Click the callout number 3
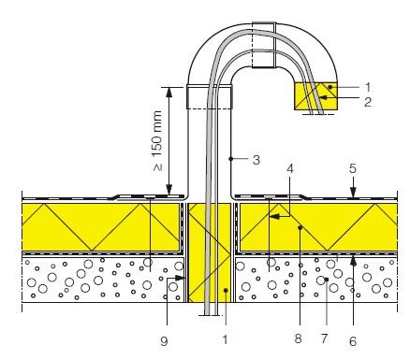click(x=256, y=160)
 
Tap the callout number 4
click(x=290, y=168)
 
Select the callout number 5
click(x=353, y=168)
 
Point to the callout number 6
click(x=353, y=341)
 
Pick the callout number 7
click(x=325, y=338)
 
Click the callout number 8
click(x=299, y=338)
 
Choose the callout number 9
click(x=164, y=341)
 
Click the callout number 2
click(x=368, y=102)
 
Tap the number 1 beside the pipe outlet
click(x=368, y=87)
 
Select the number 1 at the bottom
click(x=226, y=339)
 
